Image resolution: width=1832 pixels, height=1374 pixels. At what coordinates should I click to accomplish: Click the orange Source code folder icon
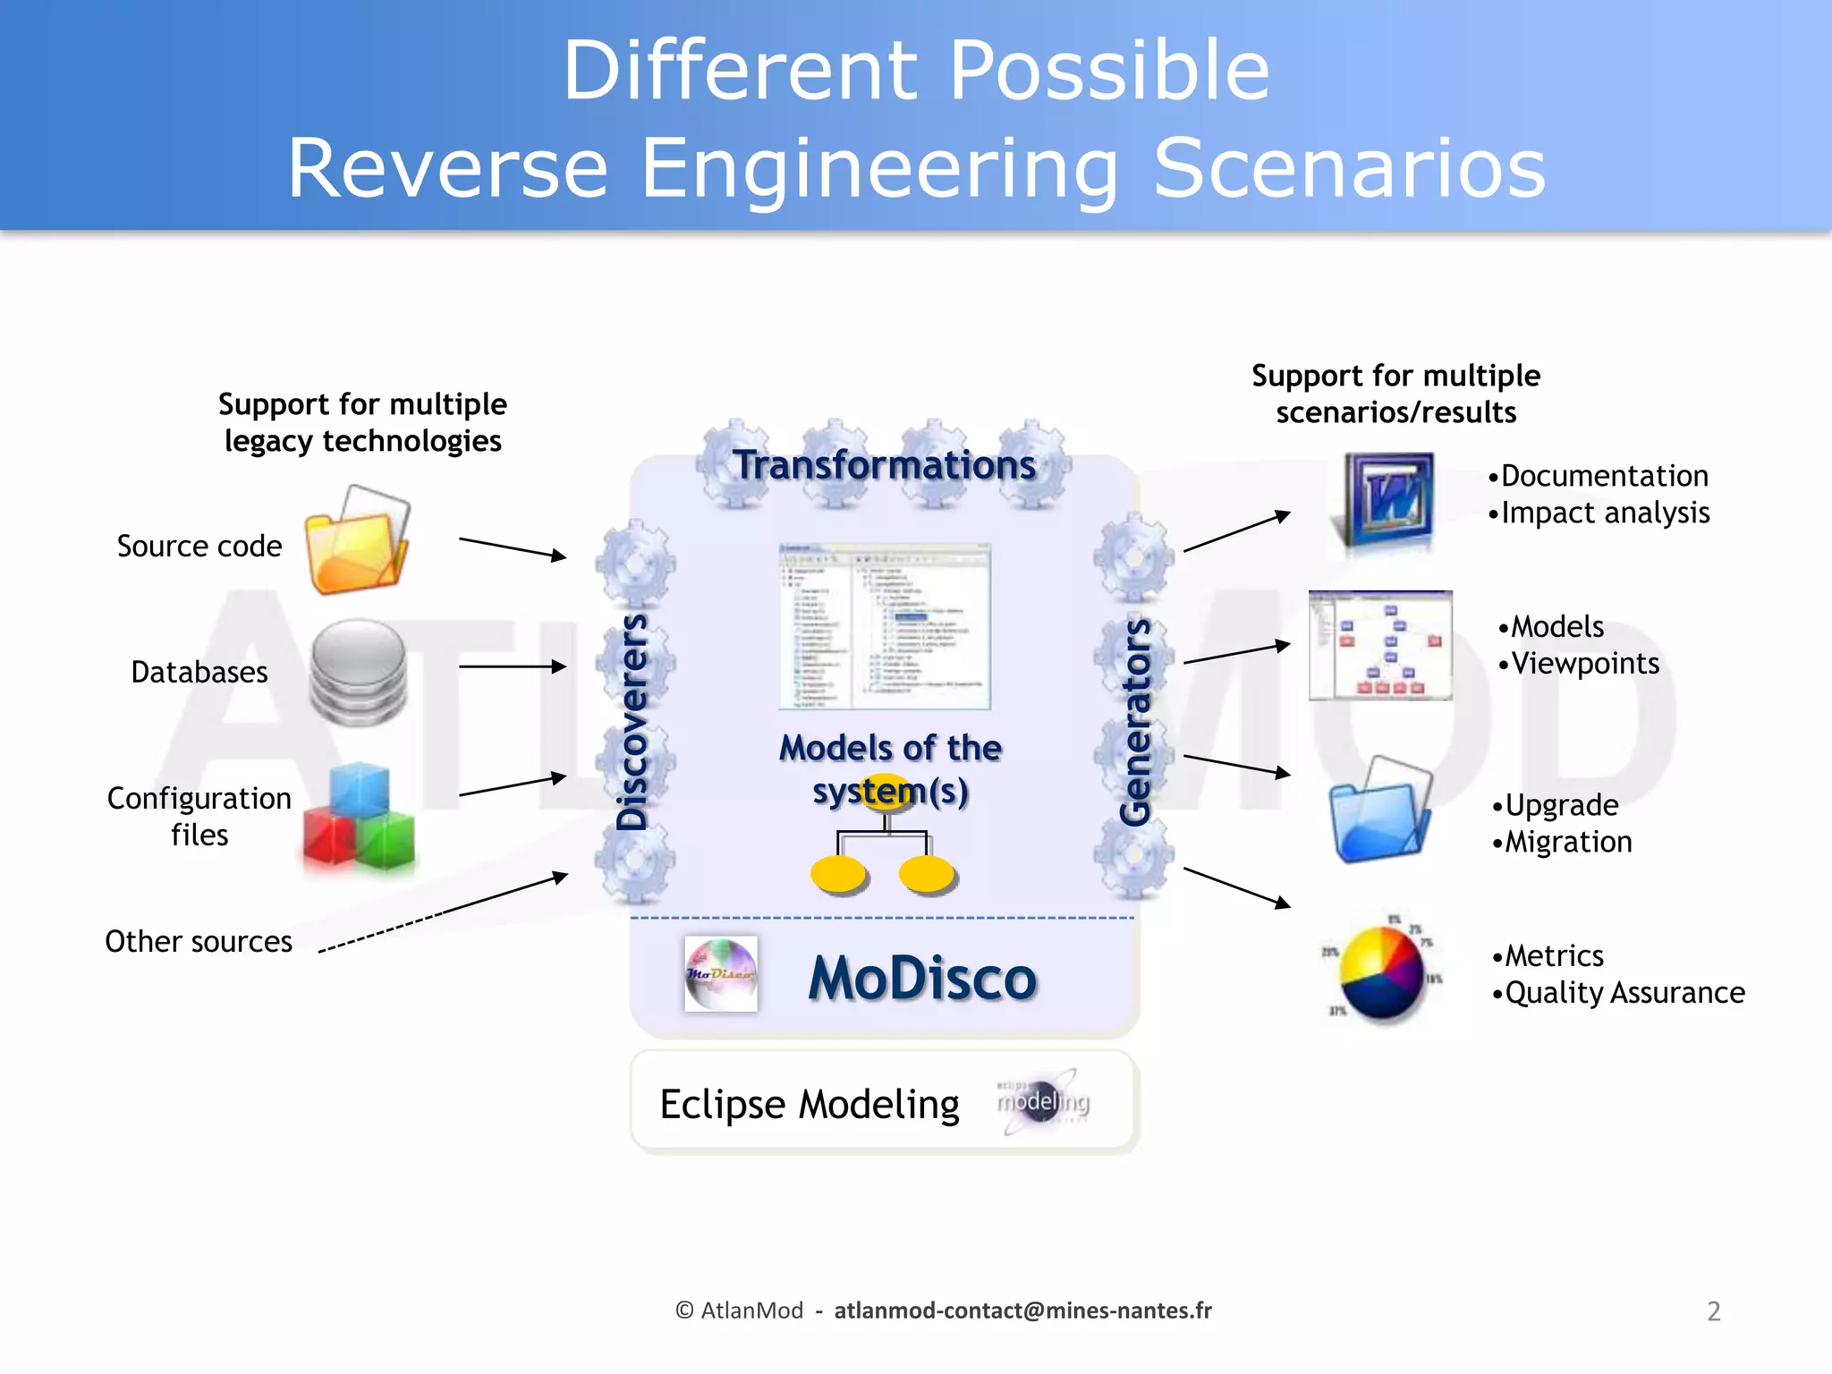click(356, 542)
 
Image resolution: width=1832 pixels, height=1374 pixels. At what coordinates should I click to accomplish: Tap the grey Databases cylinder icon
click(359, 672)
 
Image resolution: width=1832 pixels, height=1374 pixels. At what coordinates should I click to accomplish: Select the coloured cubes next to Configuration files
click(359, 817)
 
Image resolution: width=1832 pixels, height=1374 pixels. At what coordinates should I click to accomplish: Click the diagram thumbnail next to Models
click(1380, 645)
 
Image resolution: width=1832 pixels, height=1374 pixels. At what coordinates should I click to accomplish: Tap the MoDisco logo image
click(720, 973)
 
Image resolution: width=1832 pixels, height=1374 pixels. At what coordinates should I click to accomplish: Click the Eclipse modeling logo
click(1043, 1101)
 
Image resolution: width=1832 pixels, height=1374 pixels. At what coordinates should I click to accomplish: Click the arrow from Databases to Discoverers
click(512, 666)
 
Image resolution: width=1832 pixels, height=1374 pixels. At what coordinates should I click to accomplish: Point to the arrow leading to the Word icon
click(1236, 532)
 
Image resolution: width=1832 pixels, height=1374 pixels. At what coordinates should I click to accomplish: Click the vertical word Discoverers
click(633, 723)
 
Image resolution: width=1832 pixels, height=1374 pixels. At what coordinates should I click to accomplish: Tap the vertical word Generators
click(1135, 723)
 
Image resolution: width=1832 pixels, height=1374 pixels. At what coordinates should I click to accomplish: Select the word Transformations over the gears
click(884, 465)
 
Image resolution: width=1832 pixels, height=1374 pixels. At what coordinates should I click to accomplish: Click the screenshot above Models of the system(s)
click(885, 625)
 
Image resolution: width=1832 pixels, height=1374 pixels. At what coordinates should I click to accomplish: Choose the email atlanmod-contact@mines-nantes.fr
click(1022, 1310)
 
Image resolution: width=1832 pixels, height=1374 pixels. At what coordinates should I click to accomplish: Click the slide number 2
click(1713, 1311)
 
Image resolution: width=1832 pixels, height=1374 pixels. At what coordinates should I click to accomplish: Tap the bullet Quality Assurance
click(1624, 993)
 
